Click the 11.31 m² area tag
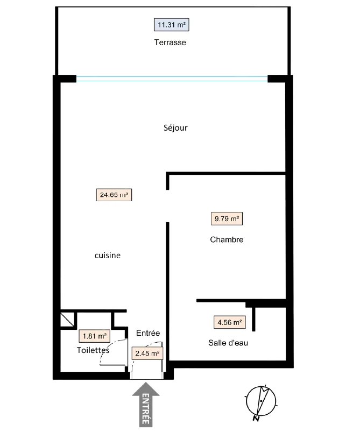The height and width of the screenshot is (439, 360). click(171, 25)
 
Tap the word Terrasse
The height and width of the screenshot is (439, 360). click(170, 43)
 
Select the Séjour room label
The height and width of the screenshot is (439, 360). click(175, 128)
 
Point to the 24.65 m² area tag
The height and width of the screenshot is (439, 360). click(114, 195)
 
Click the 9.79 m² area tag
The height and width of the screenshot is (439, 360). click(227, 218)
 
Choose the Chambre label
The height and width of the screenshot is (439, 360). click(227, 239)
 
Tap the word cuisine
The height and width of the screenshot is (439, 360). click(108, 256)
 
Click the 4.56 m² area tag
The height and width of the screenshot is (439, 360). click(230, 322)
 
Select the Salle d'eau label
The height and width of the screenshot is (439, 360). click(228, 343)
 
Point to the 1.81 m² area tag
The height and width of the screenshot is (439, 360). click(94, 336)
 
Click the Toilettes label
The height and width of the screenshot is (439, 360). click(93, 350)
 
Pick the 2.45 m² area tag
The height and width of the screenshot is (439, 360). click(147, 353)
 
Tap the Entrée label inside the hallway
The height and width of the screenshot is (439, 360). click(148, 333)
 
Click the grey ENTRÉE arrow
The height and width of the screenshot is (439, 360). click(146, 405)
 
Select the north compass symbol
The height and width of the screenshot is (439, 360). click(261, 401)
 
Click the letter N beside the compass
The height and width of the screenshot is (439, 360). click(256, 419)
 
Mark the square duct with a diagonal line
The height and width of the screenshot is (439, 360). click(68, 320)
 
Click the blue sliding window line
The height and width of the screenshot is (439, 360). click(172, 79)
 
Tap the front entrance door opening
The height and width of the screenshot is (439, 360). click(147, 376)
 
